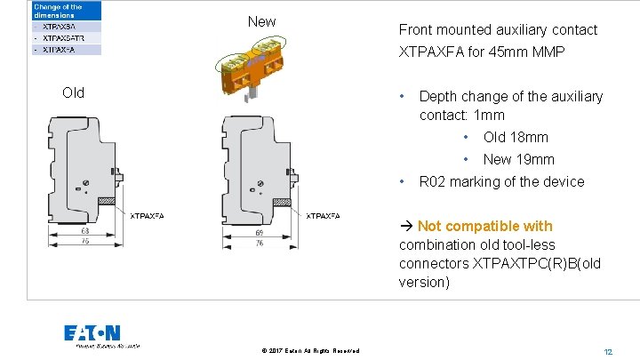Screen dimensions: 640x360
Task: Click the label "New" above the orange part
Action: tap(261, 21)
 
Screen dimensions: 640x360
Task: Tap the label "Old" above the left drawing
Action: tap(73, 92)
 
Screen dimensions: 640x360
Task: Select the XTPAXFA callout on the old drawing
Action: tap(147, 215)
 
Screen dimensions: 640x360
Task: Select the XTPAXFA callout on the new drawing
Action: tap(323, 215)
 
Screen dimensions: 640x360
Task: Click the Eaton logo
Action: tap(92, 334)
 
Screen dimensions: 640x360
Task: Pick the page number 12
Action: tap(608, 351)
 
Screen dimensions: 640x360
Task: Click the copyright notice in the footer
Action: tap(310, 351)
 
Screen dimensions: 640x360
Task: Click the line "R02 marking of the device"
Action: tap(501, 181)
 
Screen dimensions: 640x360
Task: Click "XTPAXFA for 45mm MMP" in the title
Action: tap(482, 52)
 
